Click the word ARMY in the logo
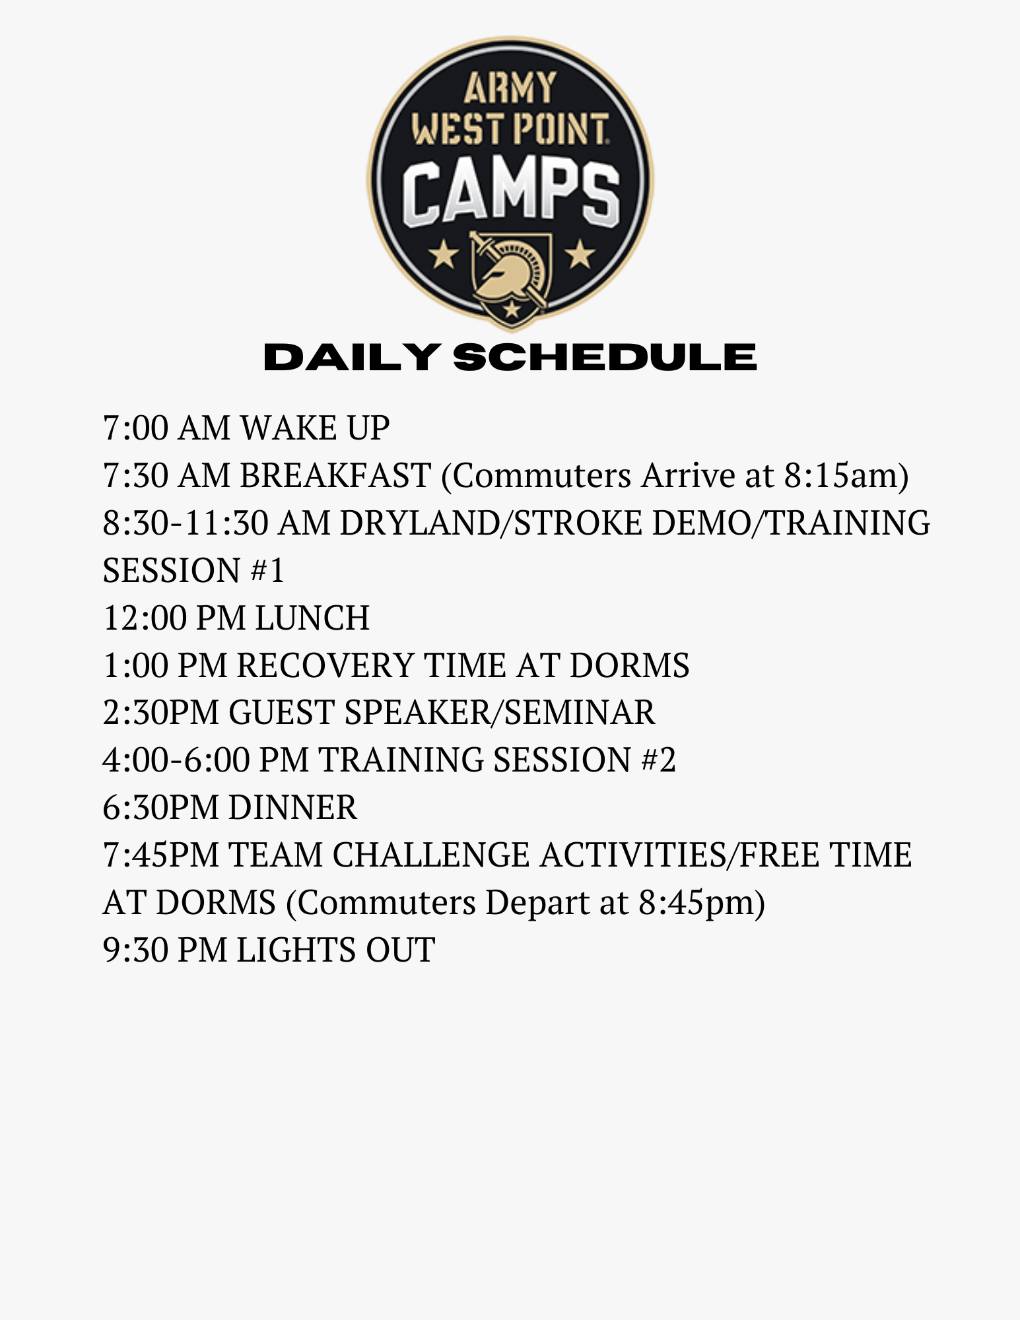point(510,88)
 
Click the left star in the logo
point(443,254)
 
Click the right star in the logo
point(580,254)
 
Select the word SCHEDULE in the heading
point(605,357)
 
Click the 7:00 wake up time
point(136,428)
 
